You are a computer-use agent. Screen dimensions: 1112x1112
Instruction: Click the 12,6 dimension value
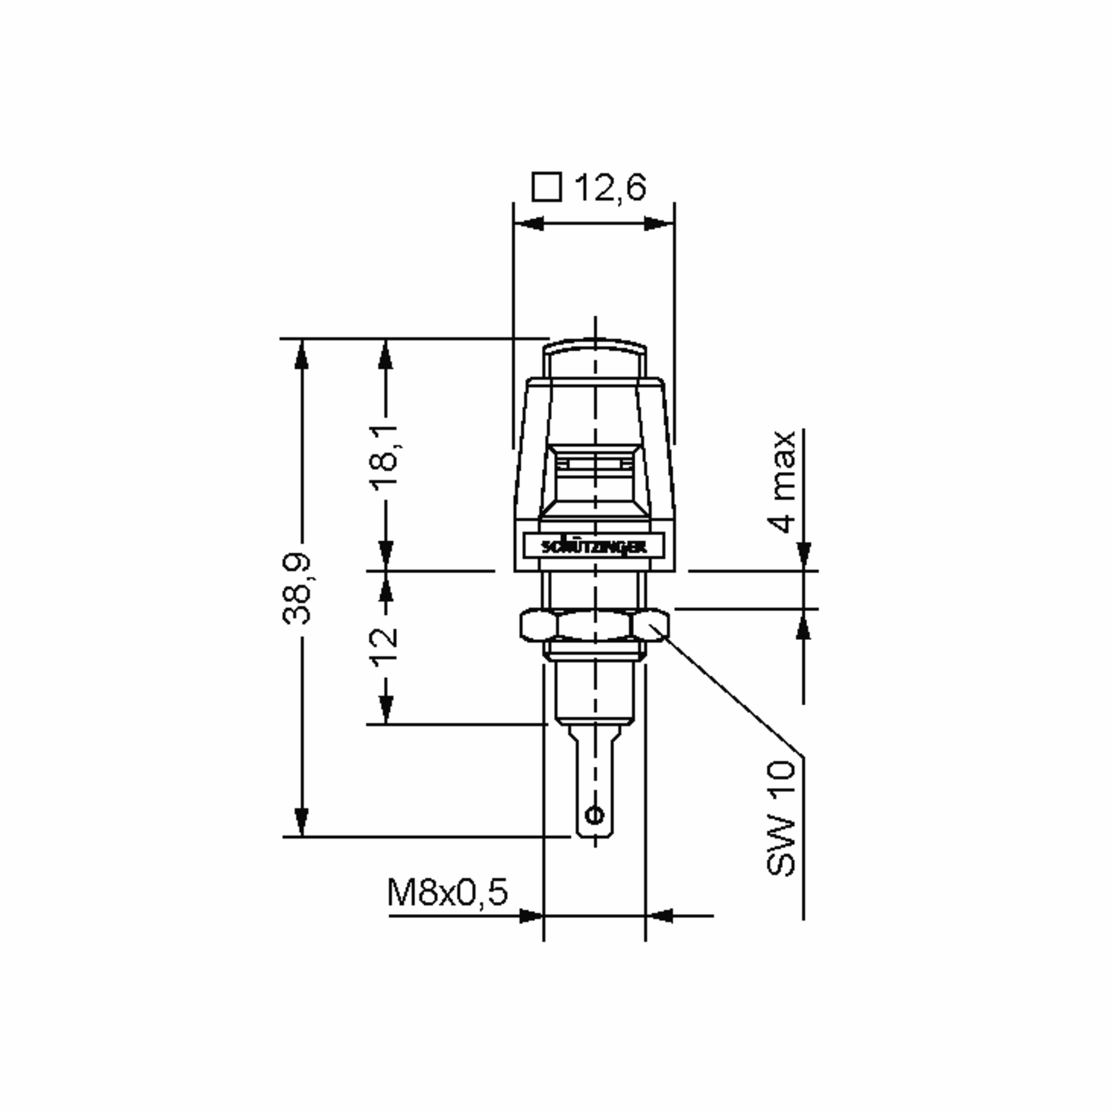pyautogui.click(x=611, y=188)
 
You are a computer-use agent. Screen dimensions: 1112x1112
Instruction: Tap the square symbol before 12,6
pyautogui.click(x=546, y=187)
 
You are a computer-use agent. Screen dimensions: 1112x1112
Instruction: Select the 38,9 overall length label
pyautogui.click(x=297, y=589)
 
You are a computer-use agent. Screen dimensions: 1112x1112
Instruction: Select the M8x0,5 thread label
pyautogui.click(x=447, y=892)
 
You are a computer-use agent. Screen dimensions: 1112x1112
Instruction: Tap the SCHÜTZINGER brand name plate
pyautogui.click(x=594, y=546)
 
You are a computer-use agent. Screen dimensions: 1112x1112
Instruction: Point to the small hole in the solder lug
pyautogui.click(x=594, y=815)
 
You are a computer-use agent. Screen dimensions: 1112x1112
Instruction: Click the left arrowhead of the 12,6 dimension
pyautogui.click(x=528, y=223)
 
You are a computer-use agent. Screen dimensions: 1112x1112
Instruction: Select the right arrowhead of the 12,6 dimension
pyautogui.click(x=658, y=223)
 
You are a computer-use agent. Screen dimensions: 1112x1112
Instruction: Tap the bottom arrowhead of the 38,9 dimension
pyautogui.click(x=301, y=822)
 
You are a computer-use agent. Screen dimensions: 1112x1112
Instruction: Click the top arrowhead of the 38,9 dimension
pyautogui.click(x=301, y=354)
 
